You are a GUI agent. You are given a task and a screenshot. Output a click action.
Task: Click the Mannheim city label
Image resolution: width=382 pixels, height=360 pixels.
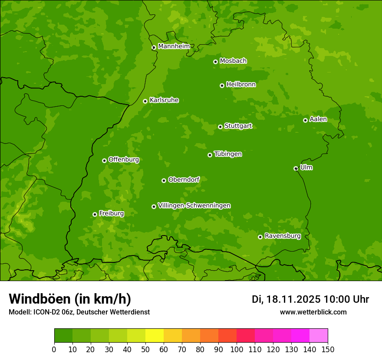pyautogui.click(x=174, y=46)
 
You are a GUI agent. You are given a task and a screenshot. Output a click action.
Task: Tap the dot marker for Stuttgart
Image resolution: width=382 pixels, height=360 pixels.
pyautogui.click(x=220, y=127)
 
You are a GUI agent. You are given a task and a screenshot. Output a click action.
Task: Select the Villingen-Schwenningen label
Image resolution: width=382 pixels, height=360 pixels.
pyautogui.click(x=194, y=206)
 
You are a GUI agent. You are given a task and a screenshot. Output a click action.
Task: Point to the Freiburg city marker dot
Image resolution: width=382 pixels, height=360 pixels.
pyautogui.click(x=95, y=214)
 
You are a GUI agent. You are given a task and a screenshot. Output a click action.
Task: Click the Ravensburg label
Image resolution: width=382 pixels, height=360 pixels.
pyautogui.click(x=283, y=236)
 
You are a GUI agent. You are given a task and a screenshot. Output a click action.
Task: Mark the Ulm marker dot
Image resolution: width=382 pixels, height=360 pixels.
pyautogui.click(x=296, y=168)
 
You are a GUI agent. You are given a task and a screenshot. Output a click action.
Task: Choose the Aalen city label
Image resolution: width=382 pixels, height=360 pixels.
pyautogui.click(x=318, y=119)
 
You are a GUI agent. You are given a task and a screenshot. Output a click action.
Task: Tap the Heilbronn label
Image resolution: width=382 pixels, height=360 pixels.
pyautogui.click(x=241, y=85)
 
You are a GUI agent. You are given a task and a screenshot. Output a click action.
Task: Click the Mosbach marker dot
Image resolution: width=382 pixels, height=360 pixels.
pyautogui.click(x=215, y=62)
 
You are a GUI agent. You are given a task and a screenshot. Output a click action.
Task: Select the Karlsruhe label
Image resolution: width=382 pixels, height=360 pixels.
pyautogui.click(x=164, y=100)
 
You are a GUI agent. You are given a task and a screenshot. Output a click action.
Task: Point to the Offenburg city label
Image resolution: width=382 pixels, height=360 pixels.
pyautogui.click(x=124, y=160)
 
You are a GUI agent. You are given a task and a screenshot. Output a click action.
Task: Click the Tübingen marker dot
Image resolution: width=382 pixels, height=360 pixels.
pyautogui.click(x=210, y=155)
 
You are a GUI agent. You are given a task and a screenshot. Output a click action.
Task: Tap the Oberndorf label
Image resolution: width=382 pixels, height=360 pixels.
pyautogui.click(x=184, y=180)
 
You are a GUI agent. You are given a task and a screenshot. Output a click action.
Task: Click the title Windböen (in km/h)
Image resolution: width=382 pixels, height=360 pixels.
pyautogui.click(x=70, y=299)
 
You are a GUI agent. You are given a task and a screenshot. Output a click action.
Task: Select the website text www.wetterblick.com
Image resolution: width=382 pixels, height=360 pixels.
pyautogui.click(x=313, y=312)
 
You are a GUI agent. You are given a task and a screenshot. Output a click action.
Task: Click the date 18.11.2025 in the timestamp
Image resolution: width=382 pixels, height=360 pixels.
pyautogui.click(x=293, y=299)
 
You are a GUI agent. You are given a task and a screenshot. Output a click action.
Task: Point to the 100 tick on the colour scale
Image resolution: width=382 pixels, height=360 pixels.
pyautogui.click(x=237, y=349)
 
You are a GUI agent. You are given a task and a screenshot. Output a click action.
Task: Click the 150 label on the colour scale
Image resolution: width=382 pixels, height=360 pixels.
pyautogui.click(x=328, y=349)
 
